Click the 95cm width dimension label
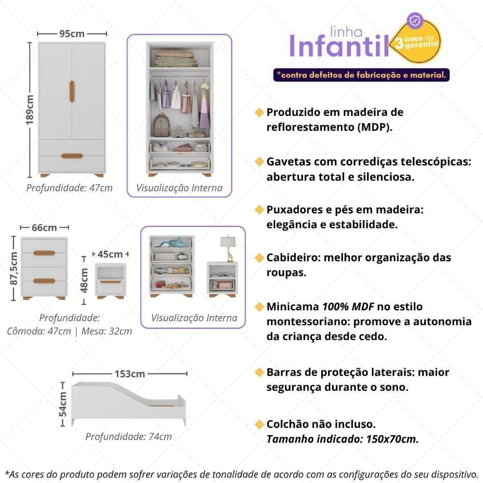coord(72,34)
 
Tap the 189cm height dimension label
coord(30,110)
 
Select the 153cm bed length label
coord(129,374)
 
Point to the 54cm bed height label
coord(63,404)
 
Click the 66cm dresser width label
coord(44,227)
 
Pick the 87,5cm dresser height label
coord(14,268)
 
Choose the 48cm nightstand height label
coord(84,281)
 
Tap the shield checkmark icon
coord(416,21)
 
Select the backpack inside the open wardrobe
coord(162,125)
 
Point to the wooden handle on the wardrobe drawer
coord(72,156)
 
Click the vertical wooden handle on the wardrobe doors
coord(72,91)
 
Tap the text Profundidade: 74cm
coord(128,437)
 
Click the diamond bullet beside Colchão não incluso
coord(260,425)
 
